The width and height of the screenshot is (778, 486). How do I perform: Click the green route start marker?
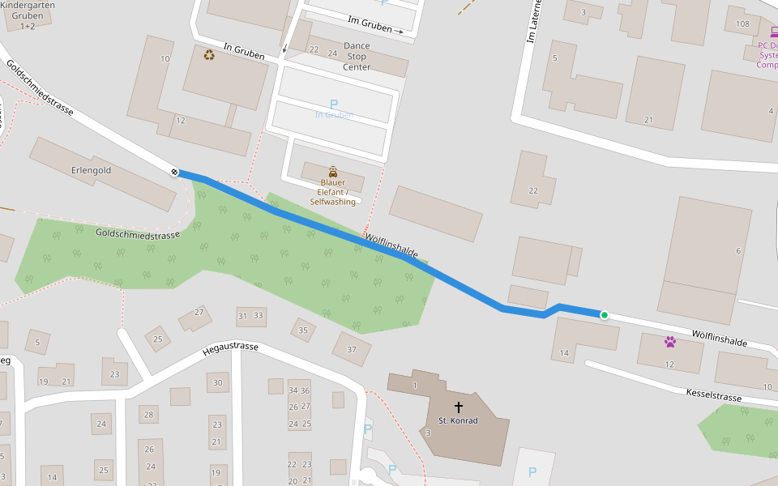[604, 314]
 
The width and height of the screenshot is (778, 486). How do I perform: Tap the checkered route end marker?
[175, 172]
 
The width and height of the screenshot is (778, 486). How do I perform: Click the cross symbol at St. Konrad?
[458, 407]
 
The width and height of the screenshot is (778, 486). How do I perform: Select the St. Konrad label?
[458, 420]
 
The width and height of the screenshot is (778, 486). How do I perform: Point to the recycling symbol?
[210, 55]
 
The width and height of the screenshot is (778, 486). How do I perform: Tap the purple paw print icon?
[669, 342]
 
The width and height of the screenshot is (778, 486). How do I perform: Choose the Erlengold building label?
[91, 171]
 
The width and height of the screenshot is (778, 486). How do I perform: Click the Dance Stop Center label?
[357, 57]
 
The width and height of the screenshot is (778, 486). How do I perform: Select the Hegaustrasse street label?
[230, 348]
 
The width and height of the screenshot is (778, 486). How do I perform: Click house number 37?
[352, 349]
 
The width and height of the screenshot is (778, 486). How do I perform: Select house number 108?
[742, 23]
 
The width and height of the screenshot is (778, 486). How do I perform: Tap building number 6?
[738, 251]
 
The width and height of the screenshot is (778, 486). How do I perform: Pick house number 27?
[199, 312]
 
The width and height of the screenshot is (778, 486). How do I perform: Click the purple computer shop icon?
[772, 33]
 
